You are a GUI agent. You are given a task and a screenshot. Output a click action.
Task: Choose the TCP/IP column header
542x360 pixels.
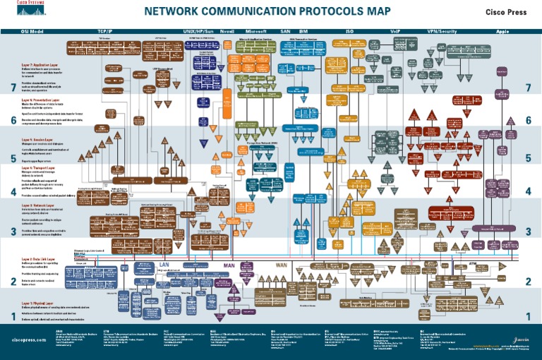(105, 32)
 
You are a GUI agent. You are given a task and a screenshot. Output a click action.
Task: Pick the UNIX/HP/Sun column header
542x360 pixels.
(200, 32)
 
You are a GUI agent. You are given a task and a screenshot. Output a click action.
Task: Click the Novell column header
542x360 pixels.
(227, 32)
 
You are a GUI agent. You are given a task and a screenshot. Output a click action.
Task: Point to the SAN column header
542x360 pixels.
(286, 32)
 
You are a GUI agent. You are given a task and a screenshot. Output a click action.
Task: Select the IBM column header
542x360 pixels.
(303, 32)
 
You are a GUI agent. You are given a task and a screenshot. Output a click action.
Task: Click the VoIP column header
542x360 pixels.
(395, 32)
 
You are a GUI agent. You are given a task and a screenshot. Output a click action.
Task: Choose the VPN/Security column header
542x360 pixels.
(442, 32)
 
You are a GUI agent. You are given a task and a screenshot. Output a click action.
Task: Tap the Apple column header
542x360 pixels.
(502, 32)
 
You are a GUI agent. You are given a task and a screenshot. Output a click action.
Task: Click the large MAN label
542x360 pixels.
(229, 265)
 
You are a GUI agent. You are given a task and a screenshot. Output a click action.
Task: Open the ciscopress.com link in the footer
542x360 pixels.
(29, 340)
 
